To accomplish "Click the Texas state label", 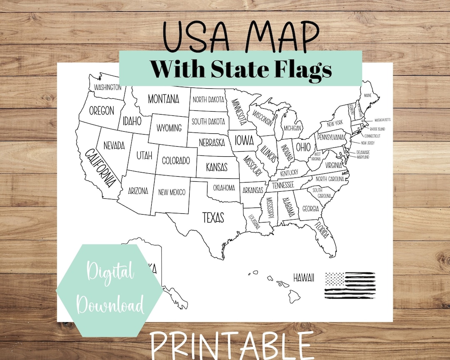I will [x=213, y=217].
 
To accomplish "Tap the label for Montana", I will [x=163, y=99].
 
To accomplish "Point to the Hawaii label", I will [x=303, y=277].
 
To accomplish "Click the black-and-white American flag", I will [x=350, y=285].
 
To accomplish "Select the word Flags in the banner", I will [x=299, y=69].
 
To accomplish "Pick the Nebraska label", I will [x=212, y=142].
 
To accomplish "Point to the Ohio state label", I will [x=303, y=147].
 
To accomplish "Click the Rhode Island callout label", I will [x=377, y=129].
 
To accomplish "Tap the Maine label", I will [x=367, y=95].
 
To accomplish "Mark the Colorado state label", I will [x=176, y=160].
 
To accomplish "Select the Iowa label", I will [x=244, y=140].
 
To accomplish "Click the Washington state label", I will [x=107, y=87].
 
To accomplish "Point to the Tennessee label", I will [x=283, y=185].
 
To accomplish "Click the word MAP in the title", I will [x=284, y=36].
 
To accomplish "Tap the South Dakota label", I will [x=208, y=121].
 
